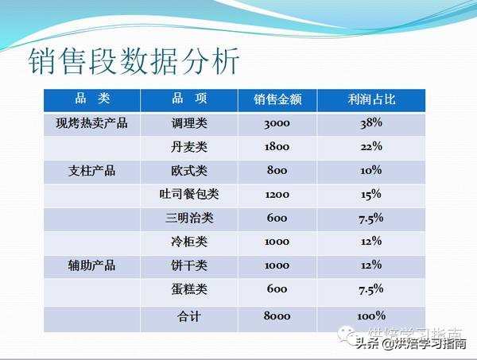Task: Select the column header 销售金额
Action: point(277,100)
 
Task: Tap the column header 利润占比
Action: point(370,100)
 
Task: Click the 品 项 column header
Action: point(189,99)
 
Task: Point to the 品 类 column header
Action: point(91,99)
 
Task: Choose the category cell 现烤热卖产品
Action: point(91,123)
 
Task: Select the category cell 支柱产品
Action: point(91,170)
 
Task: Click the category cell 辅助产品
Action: point(91,265)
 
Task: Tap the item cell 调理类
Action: point(189,123)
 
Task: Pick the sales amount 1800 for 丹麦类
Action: point(277,146)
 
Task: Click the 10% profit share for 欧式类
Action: point(370,170)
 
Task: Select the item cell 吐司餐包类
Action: point(189,194)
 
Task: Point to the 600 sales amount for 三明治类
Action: point(277,218)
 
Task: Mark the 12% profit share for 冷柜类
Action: point(370,242)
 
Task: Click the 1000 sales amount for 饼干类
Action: point(277,265)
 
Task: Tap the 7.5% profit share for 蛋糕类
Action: point(370,288)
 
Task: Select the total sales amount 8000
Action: point(277,315)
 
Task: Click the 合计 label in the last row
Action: point(189,315)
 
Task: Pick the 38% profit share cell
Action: point(370,123)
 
